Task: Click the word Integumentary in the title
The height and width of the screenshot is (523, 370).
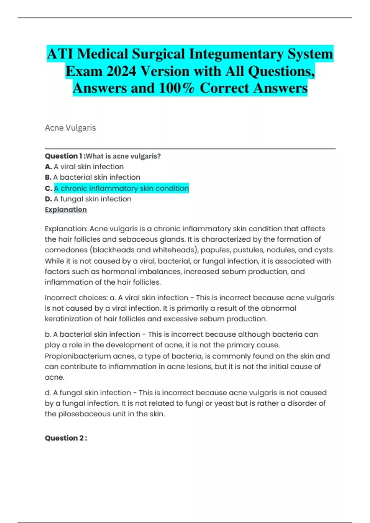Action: [236, 54]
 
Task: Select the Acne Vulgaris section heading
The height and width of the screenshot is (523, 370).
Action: [70, 128]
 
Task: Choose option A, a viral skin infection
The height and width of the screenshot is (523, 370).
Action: [88, 167]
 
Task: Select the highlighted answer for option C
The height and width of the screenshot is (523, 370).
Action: [121, 188]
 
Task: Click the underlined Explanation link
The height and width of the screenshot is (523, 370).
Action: [66, 210]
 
